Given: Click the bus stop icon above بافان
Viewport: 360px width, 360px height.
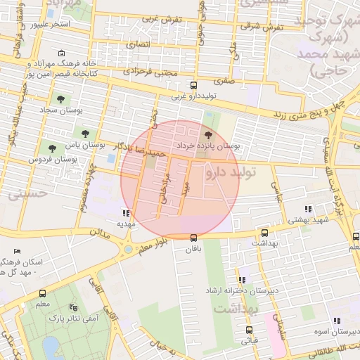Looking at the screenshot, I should pyautogui.click(x=194, y=237).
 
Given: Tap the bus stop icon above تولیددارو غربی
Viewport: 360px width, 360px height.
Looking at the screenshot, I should pyautogui.click(x=194, y=85).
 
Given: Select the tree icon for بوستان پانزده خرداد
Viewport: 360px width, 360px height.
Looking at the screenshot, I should pyautogui.click(x=208, y=135).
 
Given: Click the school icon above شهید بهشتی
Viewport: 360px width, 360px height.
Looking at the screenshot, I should pyautogui.click(x=307, y=209).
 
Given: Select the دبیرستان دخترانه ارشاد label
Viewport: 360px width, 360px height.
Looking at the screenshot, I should pyautogui.click(x=243, y=290).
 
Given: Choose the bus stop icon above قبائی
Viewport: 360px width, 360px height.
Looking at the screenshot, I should pyautogui.click(x=249, y=330).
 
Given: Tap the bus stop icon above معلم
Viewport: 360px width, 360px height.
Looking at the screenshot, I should pyautogui.click(x=42, y=293).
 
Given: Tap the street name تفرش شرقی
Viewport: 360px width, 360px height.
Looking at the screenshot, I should pyautogui.click(x=262, y=27).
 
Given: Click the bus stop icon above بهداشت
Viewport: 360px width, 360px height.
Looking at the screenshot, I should pyautogui.click(x=264, y=233).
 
